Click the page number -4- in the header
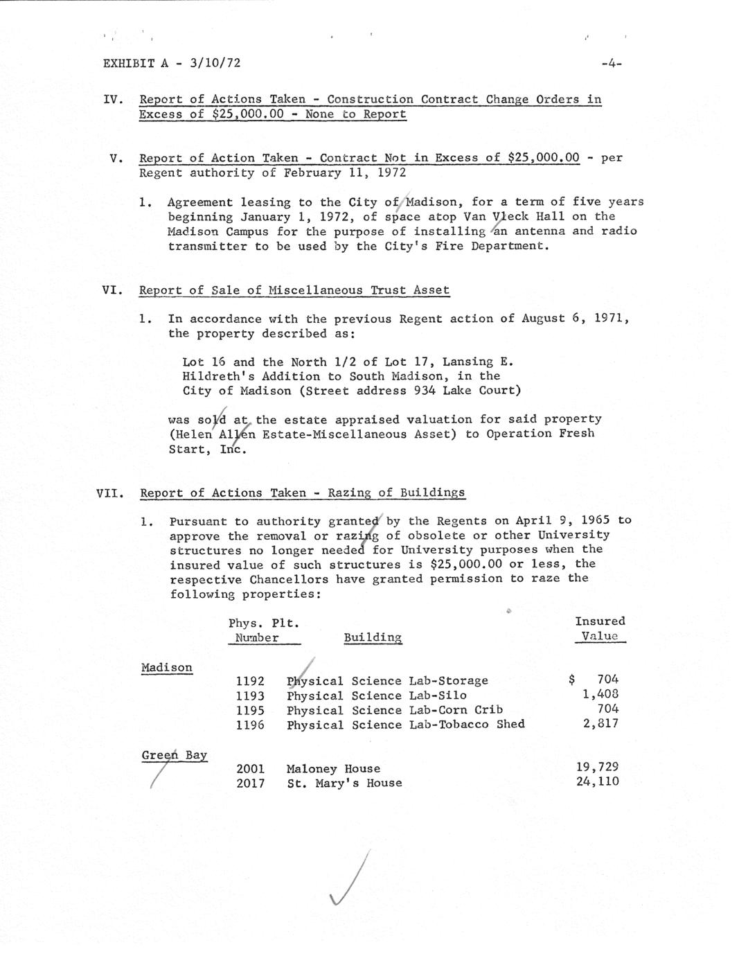pos(612,64)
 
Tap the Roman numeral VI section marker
pos(113,291)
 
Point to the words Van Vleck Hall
pos(514,217)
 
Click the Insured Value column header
pos(600,629)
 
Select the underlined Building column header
pos(373,637)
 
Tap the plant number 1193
pos(250,696)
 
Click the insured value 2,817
pos(601,724)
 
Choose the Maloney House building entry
pos(333,768)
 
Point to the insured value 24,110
pos(598,782)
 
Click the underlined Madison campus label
pos(166,668)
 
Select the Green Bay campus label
pos(175,755)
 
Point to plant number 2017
pos(250,784)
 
